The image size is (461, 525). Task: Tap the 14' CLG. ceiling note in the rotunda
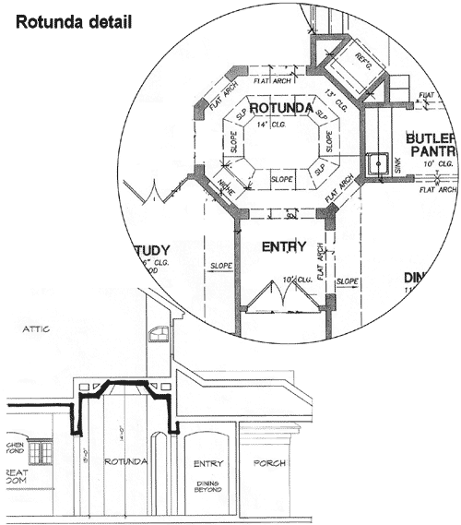pos(272,124)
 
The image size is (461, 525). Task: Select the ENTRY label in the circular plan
pos(284,246)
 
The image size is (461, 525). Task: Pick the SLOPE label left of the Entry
pos(221,266)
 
